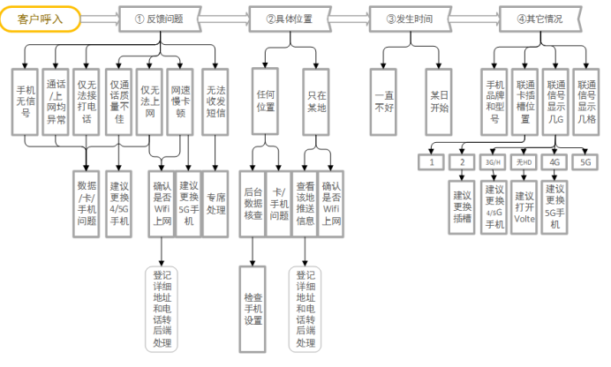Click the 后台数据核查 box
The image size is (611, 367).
253,203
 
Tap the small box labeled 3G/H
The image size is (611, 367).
493,162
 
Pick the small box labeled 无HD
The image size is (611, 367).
524,162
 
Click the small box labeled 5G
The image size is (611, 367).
585,162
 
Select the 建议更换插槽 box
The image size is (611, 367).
463,206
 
